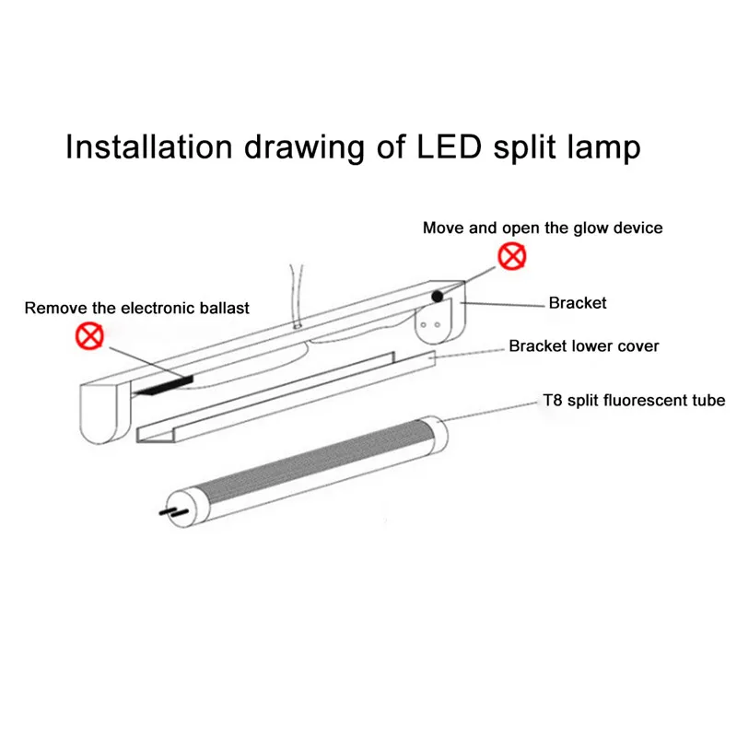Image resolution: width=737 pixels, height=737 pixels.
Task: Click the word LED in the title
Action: tap(439, 147)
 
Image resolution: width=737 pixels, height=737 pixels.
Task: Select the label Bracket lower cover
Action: tap(583, 346)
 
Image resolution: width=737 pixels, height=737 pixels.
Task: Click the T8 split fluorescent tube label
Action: tap(633, 400)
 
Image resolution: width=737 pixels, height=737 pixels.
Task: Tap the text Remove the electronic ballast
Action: tap(137, 308)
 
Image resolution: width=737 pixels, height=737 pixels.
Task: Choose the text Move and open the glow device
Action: tap(543, 228)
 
